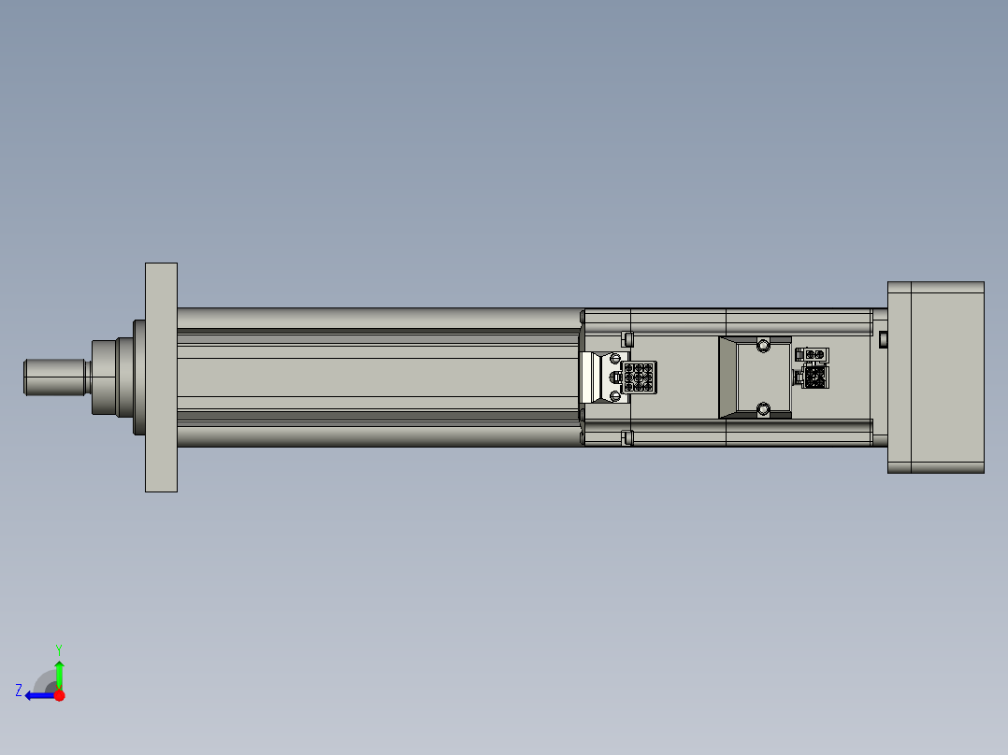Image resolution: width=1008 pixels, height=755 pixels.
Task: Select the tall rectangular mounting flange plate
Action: click(x=161, y=377)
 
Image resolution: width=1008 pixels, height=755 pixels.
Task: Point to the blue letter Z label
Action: click(x=19, y=690)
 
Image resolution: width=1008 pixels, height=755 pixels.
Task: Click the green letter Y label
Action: click(x=58, y=648)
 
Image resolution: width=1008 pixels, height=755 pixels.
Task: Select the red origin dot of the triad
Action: click(x=60, y=695)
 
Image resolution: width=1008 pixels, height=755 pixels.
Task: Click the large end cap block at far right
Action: click(x=935, y=377)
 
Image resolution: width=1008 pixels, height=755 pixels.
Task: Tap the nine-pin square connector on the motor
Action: click(x=639, y=377)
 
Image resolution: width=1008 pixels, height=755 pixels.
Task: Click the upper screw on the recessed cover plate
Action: click(x=763, y=345)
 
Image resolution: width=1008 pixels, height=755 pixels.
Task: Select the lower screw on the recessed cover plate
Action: click(x=763, y=408)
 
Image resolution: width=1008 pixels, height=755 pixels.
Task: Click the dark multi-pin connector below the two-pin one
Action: click(x=813, y=377)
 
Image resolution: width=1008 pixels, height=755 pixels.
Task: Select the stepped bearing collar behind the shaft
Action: click(x=114, y=377)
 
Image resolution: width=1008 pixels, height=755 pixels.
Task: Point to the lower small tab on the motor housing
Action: click(x=628, y=434)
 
